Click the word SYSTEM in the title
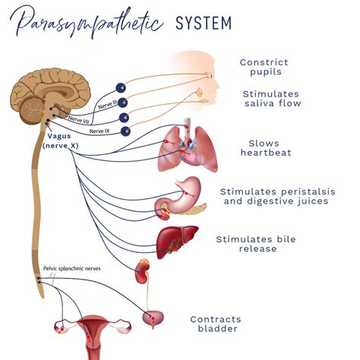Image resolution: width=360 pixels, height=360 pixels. [x=204, y=23]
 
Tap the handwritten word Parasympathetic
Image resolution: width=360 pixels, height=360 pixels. [x=86, y=22]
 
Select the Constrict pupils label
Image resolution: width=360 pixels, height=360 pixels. [x=264, y=67]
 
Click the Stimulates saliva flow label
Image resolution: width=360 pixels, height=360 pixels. [x=272, y=99]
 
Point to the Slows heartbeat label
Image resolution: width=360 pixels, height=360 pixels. [x=266, y=148]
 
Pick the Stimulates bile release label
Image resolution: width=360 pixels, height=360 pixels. [x=256, y=244]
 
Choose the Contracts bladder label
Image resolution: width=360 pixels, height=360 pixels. [x=216, y=324]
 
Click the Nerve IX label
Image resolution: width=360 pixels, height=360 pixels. [x=99, y=131]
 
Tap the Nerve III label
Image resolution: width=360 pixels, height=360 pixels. [x=108, y=104]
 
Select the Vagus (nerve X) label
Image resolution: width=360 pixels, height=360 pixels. [x=60, y=141]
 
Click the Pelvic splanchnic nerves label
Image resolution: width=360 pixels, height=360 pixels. [x=72, y=268]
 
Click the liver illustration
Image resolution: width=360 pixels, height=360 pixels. [x=177, y=242]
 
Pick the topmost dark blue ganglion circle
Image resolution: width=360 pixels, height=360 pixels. [x=121, y=88]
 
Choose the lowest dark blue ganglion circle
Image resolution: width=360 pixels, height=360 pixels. [x=125, y=131]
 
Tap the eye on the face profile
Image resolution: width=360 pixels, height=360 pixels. [x=210, y=75]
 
